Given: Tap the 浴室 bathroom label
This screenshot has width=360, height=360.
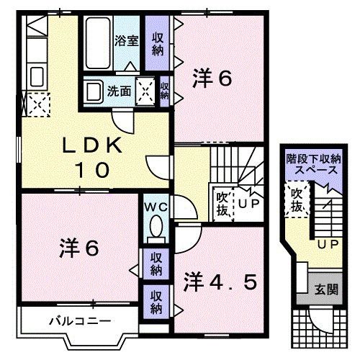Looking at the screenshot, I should tap(127, 41).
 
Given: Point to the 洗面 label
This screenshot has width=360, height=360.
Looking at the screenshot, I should tap(119, 91).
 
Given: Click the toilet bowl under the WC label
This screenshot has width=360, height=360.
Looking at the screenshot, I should tap(154, 230).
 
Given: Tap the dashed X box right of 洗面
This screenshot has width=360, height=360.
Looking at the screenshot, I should tap(146, 91).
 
